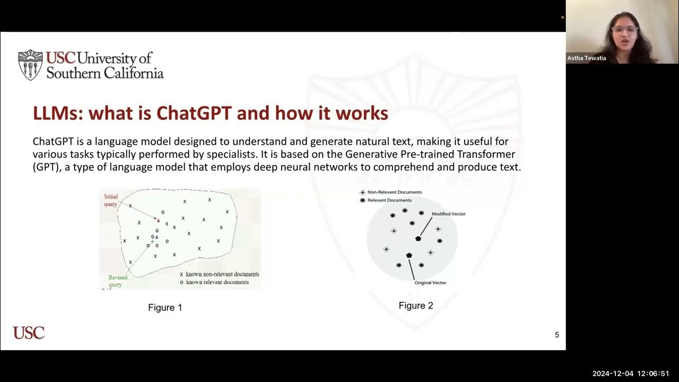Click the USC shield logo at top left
(x=30, y=65)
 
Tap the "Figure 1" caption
(x=165, y=308)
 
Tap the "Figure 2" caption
(x=416, y=306)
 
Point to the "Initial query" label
(x=111, y=201)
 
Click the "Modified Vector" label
(x=448, y=214)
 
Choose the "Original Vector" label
(x=430, y=283)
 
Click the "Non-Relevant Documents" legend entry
(x=394, y=192)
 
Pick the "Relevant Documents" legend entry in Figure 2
(x=389, y=200)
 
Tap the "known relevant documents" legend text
(x=217, y=282)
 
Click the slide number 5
(x=557, y=335)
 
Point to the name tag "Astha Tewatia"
(x=587, y=58)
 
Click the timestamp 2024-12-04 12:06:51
(x=631, y=374)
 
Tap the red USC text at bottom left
(x=29, y=333)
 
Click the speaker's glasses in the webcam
(x=624, y=30)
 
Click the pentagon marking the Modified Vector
(x=418, y=239)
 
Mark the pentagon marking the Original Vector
(x=409, y=255)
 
